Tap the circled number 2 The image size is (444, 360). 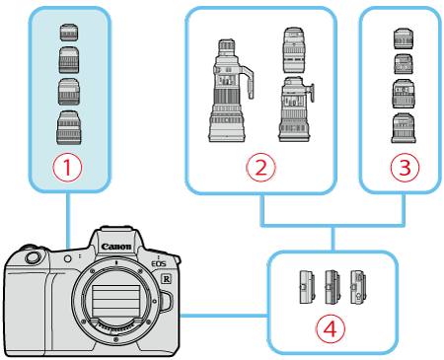[x=260, y=168]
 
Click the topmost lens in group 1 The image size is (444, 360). [x=68, y=33]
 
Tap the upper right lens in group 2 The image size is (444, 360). [x=294, y=48]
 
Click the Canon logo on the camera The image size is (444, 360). [x=116, y=248]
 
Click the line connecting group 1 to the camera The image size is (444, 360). [x=68, y=217]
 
